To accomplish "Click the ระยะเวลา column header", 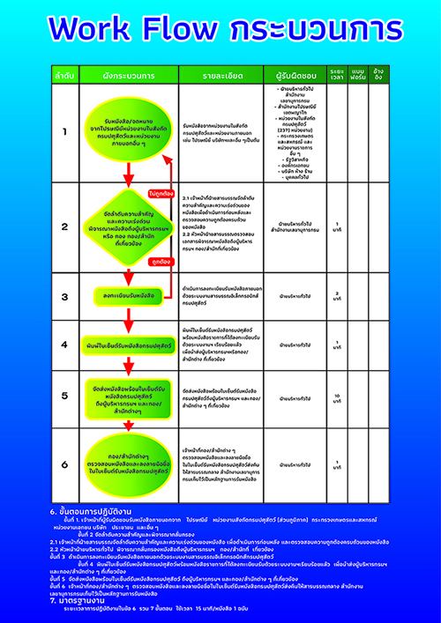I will click(x=336, y=71).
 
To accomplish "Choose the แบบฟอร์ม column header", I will click(x=357, y=71).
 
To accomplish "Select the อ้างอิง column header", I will click(x=378, y=71).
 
